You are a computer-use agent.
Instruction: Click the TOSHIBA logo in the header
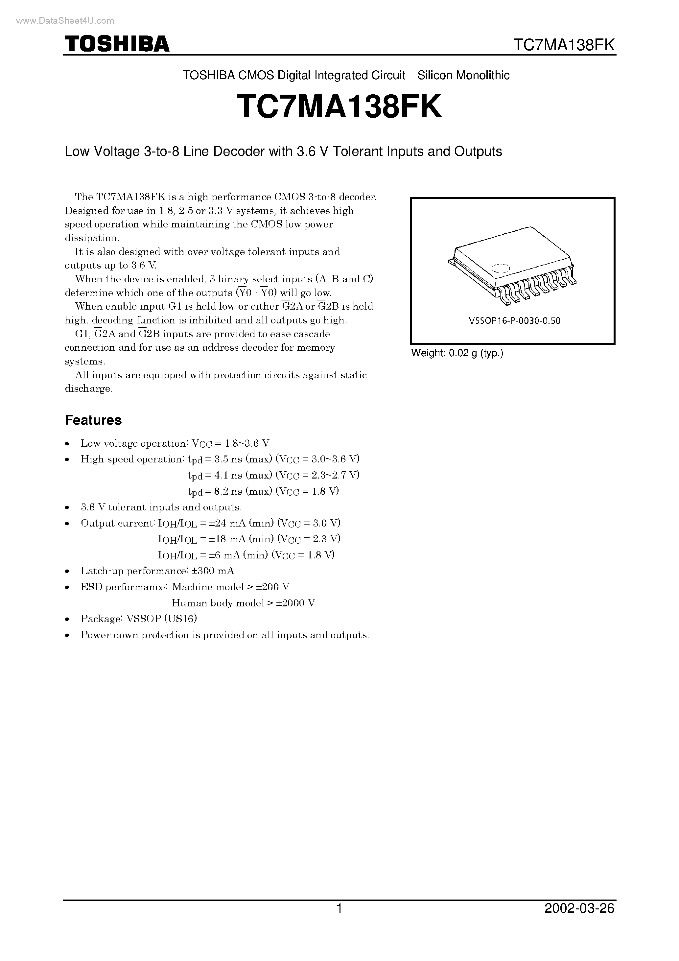click(x=116, y=44)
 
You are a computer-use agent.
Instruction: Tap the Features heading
click(x=93, y=420)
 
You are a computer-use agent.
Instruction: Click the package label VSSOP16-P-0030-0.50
click(x=514, y=321)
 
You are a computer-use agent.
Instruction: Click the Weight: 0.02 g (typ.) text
click(x=457, y=353)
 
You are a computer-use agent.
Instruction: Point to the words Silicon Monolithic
click(x=463, y=75)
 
